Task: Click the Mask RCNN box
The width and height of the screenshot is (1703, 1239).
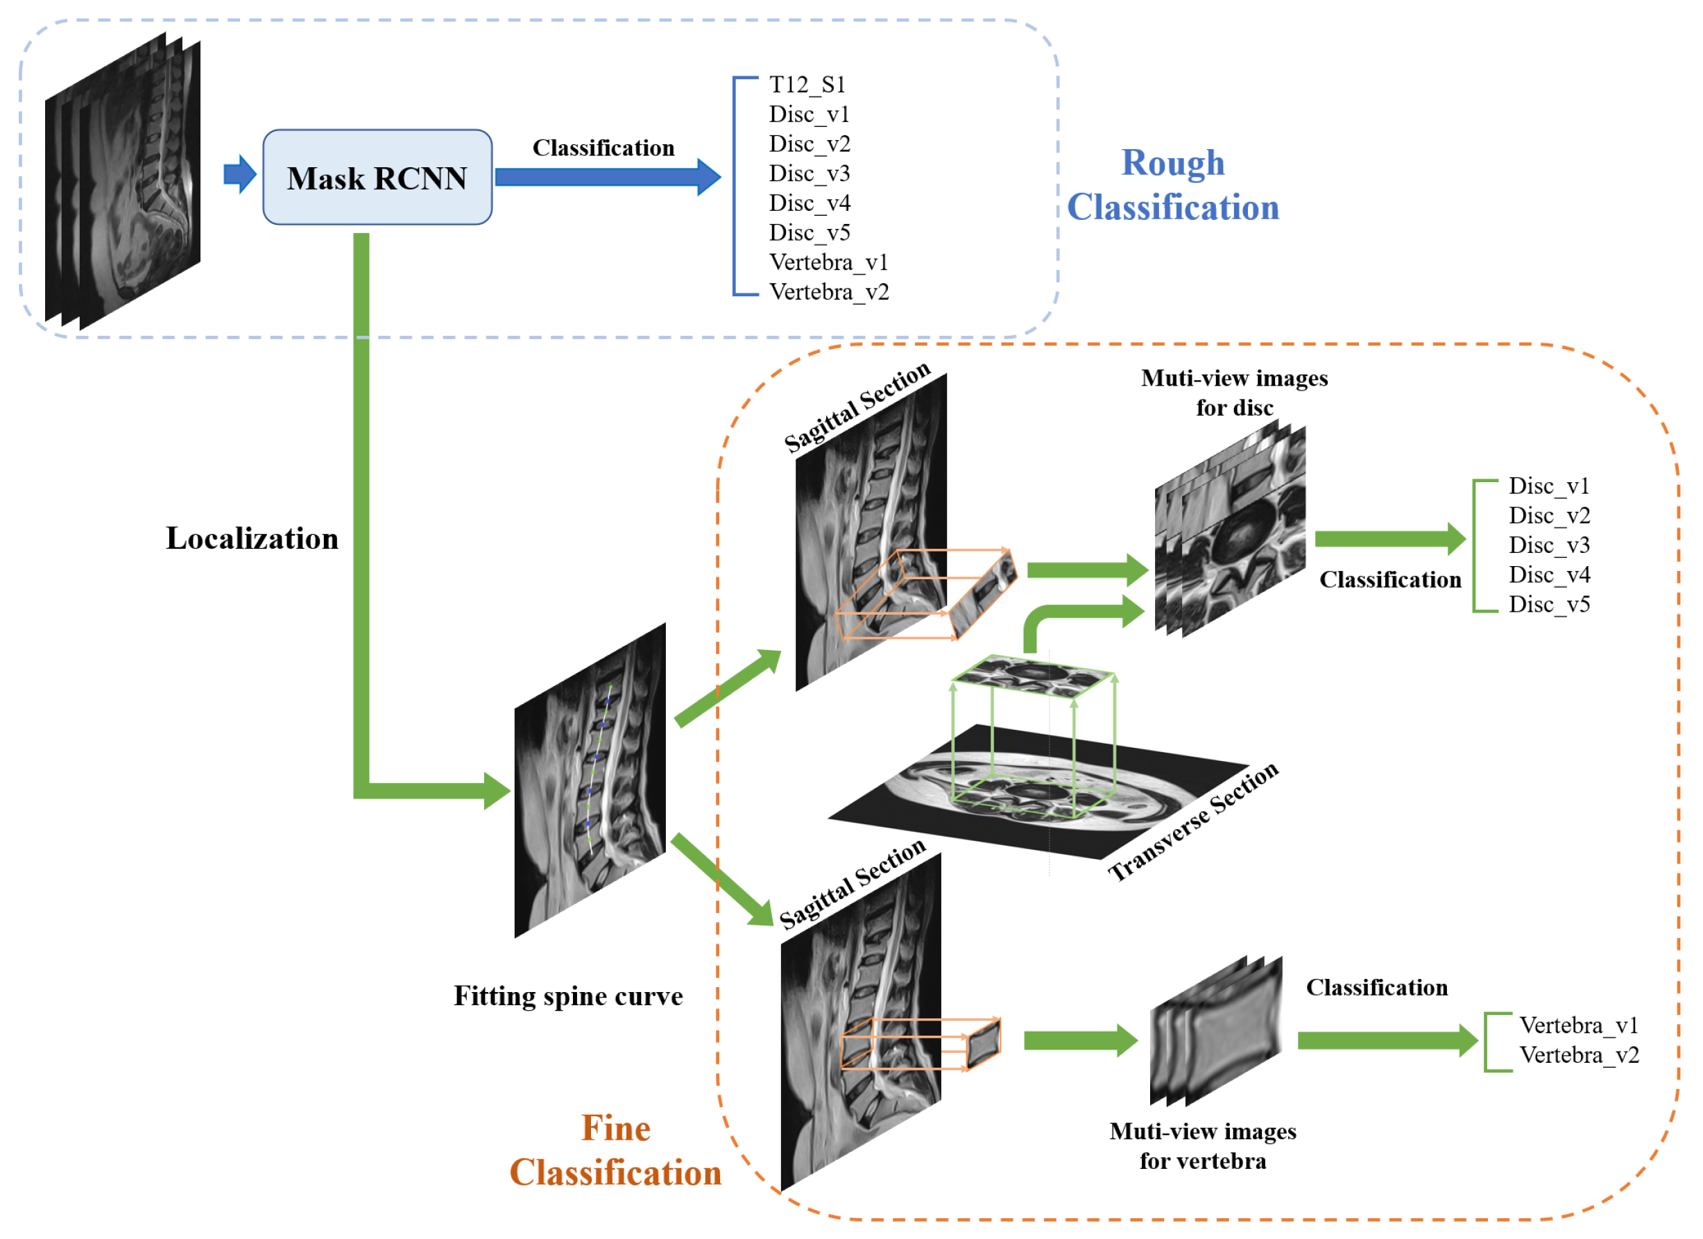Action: point(377,178)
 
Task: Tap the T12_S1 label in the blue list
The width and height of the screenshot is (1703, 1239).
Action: point(807,85)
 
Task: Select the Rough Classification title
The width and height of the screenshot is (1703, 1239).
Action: point(1172,185)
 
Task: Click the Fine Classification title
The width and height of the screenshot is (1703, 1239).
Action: point(616,1150)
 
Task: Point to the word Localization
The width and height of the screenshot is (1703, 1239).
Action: point(253,539)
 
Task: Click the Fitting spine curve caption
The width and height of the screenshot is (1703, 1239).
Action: point(568,996)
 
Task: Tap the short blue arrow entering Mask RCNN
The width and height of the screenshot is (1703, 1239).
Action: point(239,174)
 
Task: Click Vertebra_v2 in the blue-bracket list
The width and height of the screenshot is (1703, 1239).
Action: point(829,292)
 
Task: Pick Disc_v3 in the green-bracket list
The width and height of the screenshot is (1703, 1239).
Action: point(1549,545)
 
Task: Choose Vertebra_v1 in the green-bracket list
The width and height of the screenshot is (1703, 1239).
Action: point(1578,1026)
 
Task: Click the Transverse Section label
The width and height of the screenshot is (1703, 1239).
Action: point(1193,822)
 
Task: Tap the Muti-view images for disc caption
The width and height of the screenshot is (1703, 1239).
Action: point(1235,393)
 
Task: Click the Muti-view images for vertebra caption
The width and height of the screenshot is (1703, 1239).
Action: point(1203,1147)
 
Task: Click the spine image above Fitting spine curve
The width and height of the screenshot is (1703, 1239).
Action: point(590,781)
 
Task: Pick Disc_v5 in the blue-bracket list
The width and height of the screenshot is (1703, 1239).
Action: point(810,233)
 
